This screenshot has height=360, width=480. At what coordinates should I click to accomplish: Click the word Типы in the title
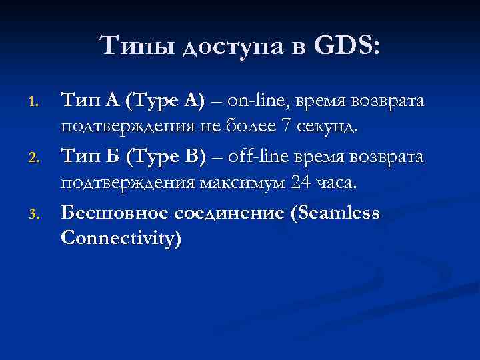(x=135, y=47)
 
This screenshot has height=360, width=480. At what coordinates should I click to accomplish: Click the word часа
(x=339, y=183)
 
